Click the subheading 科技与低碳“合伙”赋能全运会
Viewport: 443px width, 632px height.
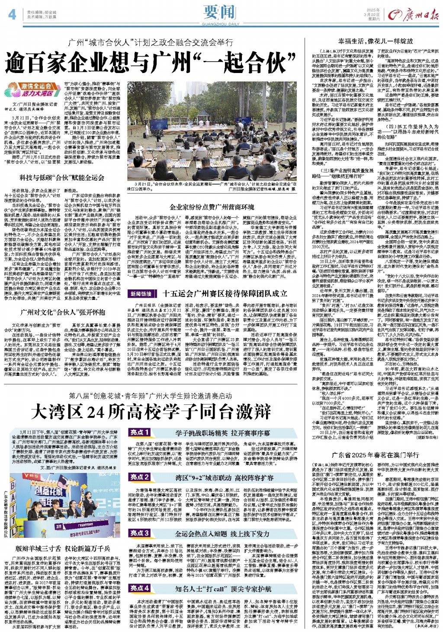(x=61, y=178)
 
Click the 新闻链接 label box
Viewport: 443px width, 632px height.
(x=141, y=294)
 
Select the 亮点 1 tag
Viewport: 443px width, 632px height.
(x=140, y=433)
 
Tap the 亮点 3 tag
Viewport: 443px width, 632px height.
(x=140, y=533)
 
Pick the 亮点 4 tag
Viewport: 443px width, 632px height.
(x=140, y=588)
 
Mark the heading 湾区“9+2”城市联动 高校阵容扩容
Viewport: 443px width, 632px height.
(x=224, y=477)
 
